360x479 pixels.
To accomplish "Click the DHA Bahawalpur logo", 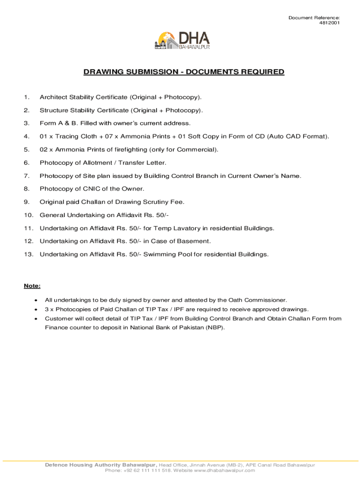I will click(x=182, y=41).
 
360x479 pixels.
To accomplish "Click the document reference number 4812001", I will click(x=330, y=23).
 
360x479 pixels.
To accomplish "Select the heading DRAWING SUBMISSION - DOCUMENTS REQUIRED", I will click(x=184, y=72).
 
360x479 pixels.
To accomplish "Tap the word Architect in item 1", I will click(x=53, y=97).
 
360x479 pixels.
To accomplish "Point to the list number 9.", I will click(x=26, y=202).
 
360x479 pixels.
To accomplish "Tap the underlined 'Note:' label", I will click(x=32, y=286).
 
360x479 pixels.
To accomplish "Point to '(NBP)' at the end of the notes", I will click(x=215, y=327).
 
